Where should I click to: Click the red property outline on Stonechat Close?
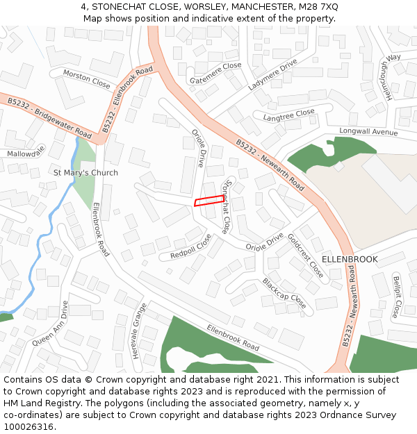click(209, 201)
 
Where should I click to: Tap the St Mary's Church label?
click(85, 172)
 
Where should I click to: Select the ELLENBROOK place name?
click(350, 259)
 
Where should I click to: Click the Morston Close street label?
click(87, 78)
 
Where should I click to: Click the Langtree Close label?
click(288, 115)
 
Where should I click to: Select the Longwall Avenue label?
click(368, 131)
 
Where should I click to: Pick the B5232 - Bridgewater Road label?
click(49, 117)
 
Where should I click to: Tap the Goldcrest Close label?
click(306, 255)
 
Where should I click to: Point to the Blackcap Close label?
click(284, 293)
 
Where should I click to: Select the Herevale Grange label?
click(139, 331)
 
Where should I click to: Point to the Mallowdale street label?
click(26, 151)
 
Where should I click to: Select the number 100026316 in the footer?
click(28, 427)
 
